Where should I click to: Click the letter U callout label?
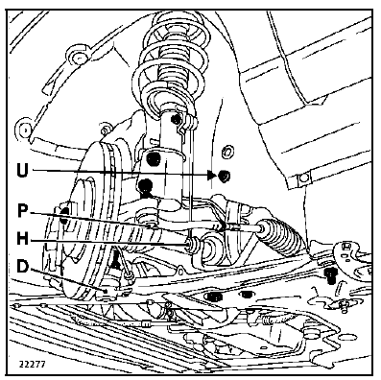pyautogui.click(x=22, y=171)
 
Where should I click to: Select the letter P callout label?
pyautogui.click(x=21, y=211)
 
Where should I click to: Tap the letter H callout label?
pyautogui.click(x=22, y=238)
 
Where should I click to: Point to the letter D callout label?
pyautogui.click(x=22, y=267)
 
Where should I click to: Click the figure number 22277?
pyautogui.click(x=33, y=365)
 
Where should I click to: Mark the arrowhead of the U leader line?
pyautogui.click(x=211, y=175)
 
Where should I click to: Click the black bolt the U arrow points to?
pyautogui.click(x=224, y=176)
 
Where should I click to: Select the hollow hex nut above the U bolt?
pyautogui.click(x=227, y=151)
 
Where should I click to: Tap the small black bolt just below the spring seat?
pyautogui.click(x=177, y=120)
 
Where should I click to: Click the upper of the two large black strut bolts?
pyautogui.click(x=154, y=159)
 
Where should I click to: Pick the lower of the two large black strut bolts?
pyautogui.click(x=146, y=185)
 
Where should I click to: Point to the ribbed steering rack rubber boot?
pyautogui.click(x=279, y=236)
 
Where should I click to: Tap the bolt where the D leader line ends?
pyautogui.click(x=106, y=291)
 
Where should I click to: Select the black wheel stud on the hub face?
pyautogui.click(x=64, y=215)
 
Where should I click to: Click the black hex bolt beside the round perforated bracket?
pyautogui.click(x=329, y=275)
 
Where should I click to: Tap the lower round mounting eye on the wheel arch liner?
pyautogui.click(x=24, y=131)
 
